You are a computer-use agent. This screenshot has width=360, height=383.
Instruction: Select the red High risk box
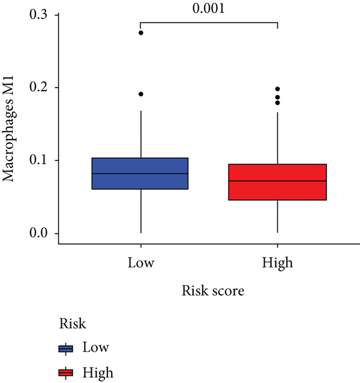click(277, 191)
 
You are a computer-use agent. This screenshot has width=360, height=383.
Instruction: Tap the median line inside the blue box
click(140, 174)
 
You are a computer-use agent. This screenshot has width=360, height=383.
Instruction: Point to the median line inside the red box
click(277, 181)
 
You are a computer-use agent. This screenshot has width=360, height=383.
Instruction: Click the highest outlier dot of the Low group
click(141, 33)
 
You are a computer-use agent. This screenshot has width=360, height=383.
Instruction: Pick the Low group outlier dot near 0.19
click(141, 94)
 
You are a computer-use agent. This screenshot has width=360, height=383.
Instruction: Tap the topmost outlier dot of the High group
click(277, 89)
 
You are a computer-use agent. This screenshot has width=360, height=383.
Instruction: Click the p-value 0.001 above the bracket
click(209, 9)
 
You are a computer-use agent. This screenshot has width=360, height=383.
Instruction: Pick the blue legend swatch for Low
click(65, 348)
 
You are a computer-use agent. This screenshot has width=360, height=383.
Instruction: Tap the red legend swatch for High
click(65, 373)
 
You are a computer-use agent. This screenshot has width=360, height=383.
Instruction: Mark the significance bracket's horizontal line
click(209, 23)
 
